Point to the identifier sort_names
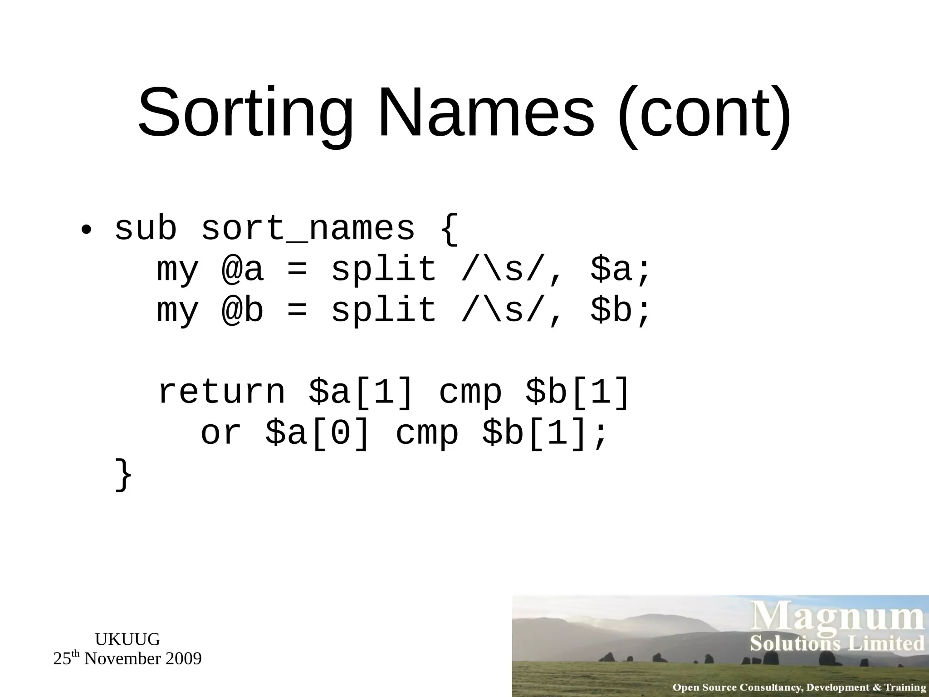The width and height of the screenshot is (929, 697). click(308, 229)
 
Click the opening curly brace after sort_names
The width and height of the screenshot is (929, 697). click(449, 229)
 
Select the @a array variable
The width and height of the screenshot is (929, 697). click(242, 270)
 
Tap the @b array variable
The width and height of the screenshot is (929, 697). click(242, 310)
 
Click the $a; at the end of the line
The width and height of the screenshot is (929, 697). click(621, 270)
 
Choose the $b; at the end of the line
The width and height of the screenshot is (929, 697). click(621, 310)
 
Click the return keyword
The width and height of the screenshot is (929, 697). click(221, 392)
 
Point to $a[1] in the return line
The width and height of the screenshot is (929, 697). click(361, 391)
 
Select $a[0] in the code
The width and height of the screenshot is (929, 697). click(318, 433)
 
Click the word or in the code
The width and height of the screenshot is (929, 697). click(221, 434)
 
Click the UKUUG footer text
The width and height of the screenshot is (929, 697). click(127, 639)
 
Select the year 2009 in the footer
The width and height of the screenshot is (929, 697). click(183, 659)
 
